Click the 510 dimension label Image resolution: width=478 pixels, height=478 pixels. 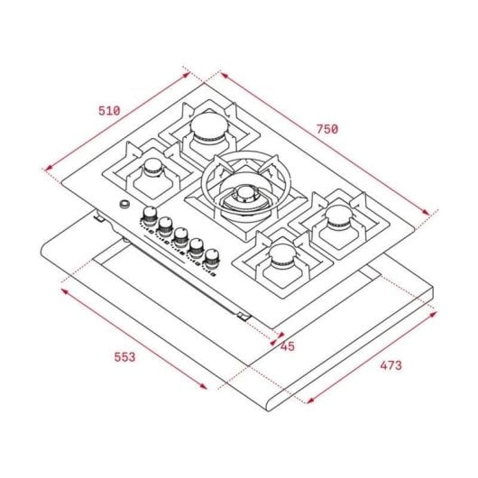click(x=108, y=111)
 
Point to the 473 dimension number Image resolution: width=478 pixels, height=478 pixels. click(x=390, y=365)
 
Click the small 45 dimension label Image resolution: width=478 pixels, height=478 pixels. click(x=288, y=345)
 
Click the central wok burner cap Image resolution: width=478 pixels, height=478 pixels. click(x=242, y=192)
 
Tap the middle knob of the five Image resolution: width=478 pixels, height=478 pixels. click(x=180, y=236)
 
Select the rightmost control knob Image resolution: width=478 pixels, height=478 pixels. click(x=212, y=258)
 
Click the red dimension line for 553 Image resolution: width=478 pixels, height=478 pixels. click(x=135, y=339)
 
